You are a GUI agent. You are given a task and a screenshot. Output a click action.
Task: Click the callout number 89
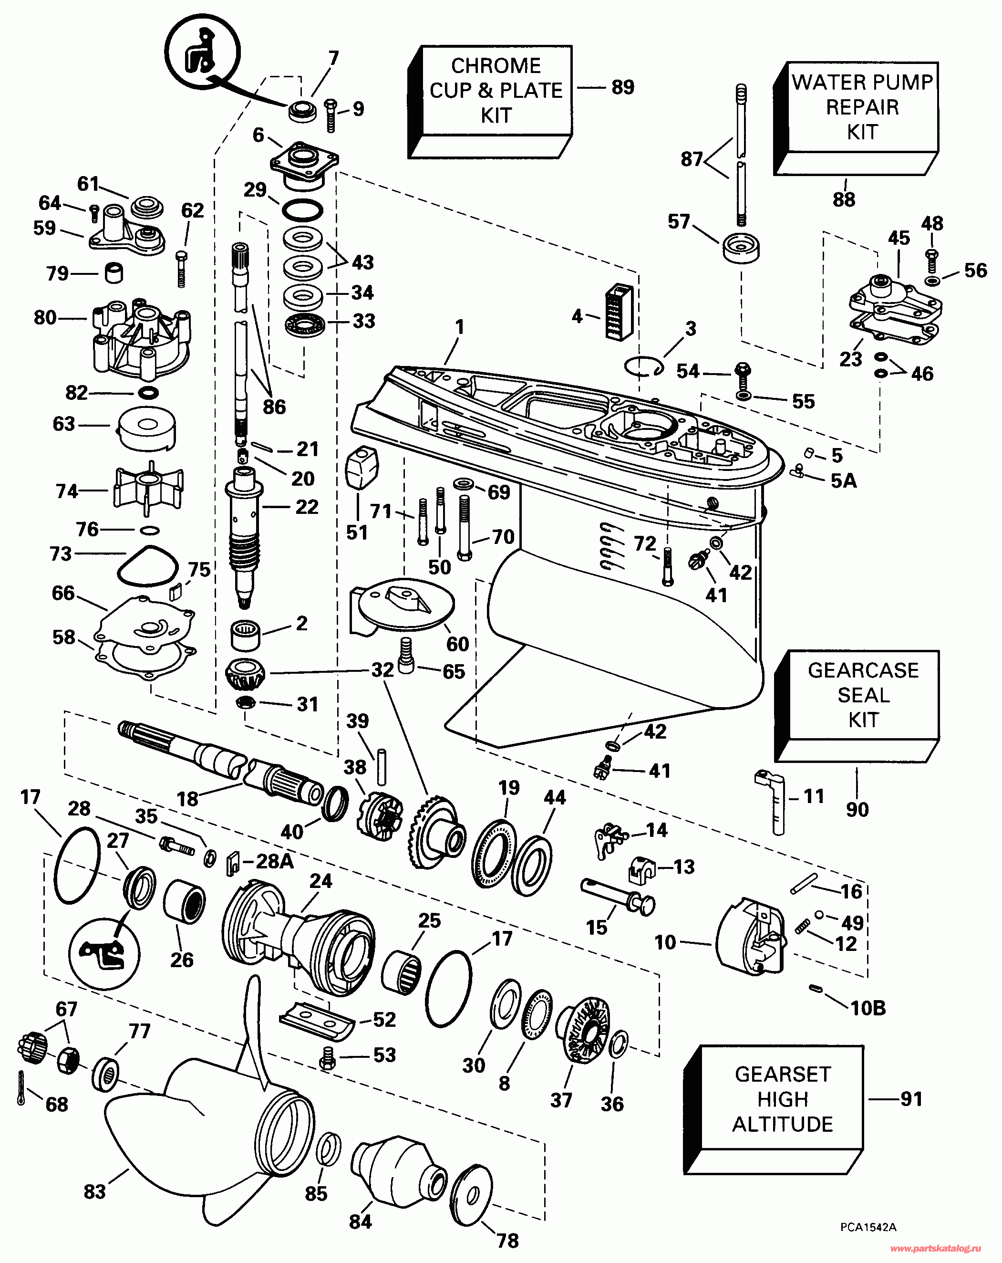click(622, 87)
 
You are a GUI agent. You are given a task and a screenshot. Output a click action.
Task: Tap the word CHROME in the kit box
click(496, 66)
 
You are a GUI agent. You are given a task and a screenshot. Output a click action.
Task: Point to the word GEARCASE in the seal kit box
click(863, 670)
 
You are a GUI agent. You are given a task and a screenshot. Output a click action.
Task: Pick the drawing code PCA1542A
click(868, 1227)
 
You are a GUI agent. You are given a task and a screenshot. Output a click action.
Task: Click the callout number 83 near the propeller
click(94, 1191)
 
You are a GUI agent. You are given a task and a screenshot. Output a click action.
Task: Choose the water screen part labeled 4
click(619, 312)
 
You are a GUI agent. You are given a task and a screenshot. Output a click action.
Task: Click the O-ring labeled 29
click(302, 210)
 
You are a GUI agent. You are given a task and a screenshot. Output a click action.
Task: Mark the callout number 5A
click(843, 481)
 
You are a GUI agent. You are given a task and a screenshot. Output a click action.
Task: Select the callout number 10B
click(868, 1008)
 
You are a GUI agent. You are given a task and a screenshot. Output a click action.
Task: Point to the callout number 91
click(911, 1099)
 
